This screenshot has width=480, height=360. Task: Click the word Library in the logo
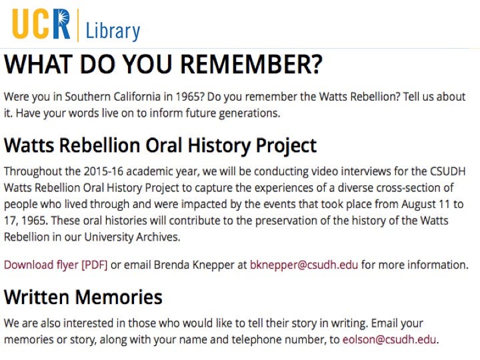point(113,31)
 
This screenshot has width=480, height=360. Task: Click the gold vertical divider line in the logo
point(78,25)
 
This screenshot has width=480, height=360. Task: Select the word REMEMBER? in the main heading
point(251,64)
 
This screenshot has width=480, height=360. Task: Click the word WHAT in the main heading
point(39,64)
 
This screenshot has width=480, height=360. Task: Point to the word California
point(137,97)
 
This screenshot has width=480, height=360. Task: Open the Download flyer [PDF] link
point(56,265)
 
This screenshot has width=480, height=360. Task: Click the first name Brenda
point(172,265)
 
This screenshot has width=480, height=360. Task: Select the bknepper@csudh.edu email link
point(304,265)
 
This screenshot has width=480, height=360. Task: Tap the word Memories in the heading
point(119,297)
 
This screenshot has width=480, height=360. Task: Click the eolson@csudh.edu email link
point(389,339)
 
